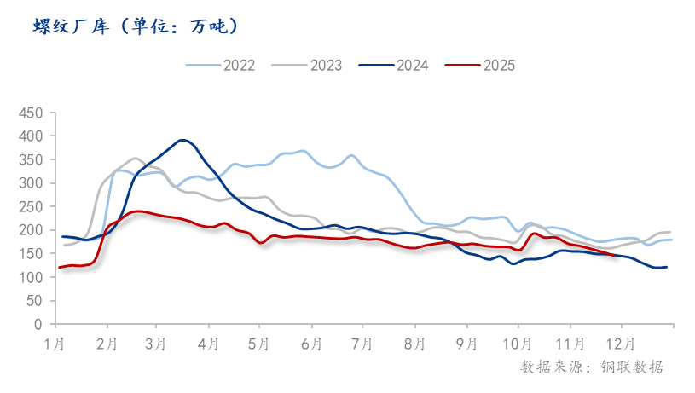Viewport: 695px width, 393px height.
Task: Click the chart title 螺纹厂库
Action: [136, 26]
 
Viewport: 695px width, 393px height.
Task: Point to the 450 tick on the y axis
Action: [31, 113]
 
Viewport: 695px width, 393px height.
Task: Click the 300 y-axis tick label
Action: [31, 183]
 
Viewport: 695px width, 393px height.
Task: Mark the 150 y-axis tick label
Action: [31, 254]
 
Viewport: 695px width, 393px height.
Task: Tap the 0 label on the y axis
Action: [38, 325]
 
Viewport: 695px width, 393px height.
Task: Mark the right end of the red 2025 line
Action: [614, 255]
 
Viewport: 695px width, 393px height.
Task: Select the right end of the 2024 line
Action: [667, 267]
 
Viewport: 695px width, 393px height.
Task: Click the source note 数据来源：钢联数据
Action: [591, 367]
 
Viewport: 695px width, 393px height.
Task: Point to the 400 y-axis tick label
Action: [31, 136]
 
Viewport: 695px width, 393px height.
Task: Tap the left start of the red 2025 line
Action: [59, 268]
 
